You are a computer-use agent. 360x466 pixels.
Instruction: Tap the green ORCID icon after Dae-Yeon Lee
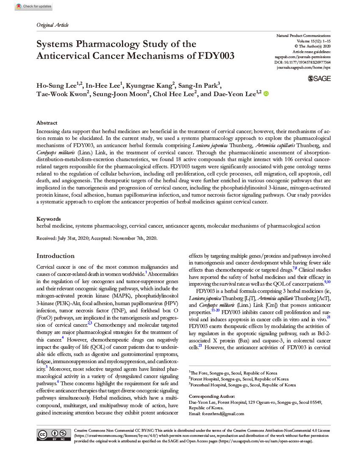point(266,94)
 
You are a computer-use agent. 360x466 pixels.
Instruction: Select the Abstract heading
point(47,122)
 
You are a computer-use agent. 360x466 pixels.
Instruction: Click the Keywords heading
point(49,219)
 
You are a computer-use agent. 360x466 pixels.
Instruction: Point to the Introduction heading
point(55,256)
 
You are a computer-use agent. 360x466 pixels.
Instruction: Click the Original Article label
point(53,25)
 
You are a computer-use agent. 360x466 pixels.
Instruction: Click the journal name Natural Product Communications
point(303,36)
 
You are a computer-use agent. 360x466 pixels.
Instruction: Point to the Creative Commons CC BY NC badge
point(53,435)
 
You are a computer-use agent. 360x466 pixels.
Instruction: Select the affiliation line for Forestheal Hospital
point(243,385)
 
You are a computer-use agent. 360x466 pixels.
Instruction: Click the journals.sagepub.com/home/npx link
point(304,67)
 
